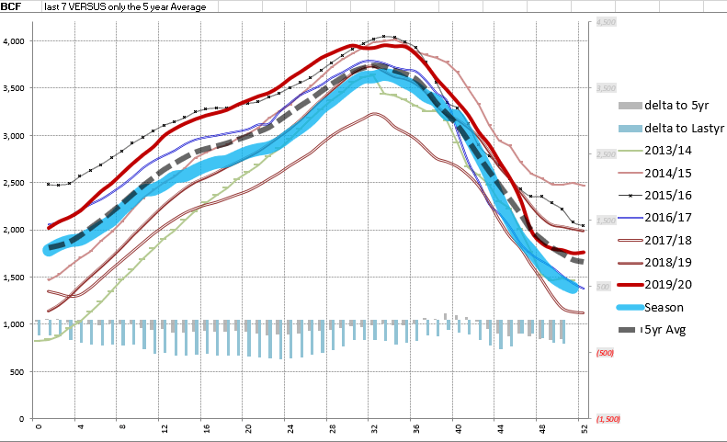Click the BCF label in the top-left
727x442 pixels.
pos(12,6)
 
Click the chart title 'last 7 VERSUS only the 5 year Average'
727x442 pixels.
pos(125,6)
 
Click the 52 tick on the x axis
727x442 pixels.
pos(583,429)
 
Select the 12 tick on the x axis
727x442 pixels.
pos(164,429)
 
